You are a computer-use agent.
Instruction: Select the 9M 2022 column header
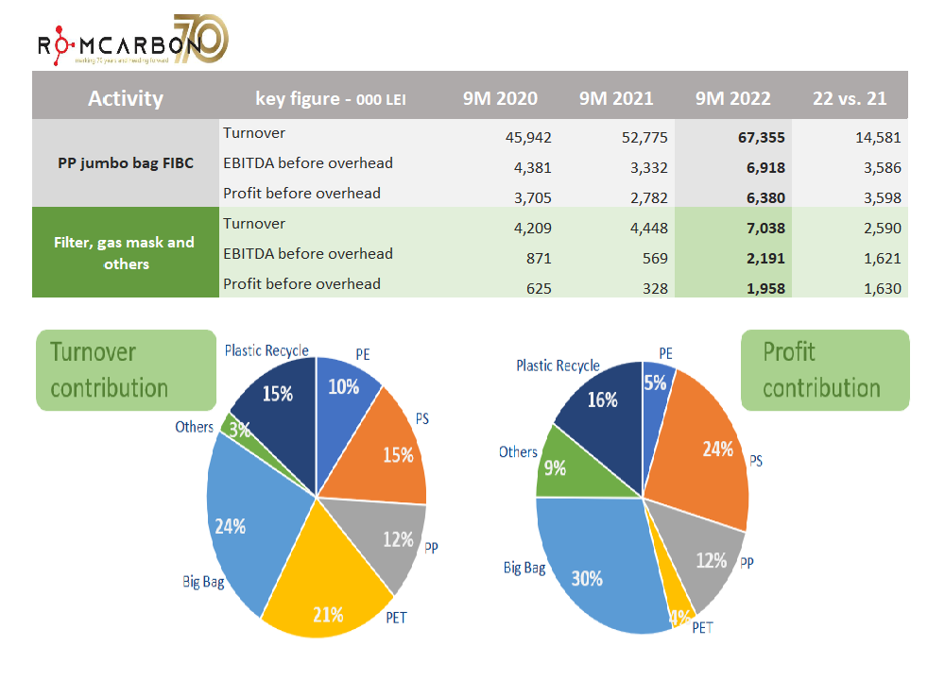coord(732,98)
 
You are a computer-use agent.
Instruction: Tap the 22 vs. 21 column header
coord(850,98)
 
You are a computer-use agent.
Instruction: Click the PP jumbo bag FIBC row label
coord(126,162)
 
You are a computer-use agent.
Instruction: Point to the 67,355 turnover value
coord(761,137)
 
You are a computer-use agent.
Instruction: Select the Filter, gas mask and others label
coord(126,253)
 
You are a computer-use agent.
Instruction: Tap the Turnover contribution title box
coord(126,369)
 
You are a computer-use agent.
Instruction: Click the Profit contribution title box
coord(824,369)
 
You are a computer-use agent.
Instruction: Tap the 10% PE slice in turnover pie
coord(345,387)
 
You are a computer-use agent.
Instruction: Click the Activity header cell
coord(126,98)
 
